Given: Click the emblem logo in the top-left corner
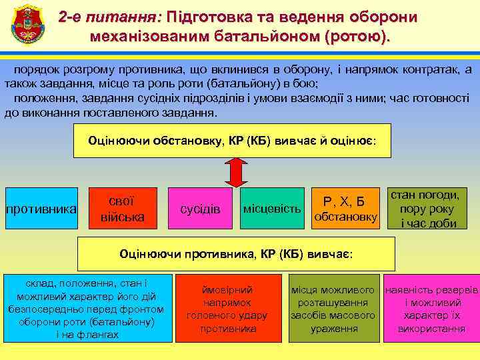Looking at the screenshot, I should (26, 26).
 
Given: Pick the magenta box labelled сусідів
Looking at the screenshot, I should (200, 209).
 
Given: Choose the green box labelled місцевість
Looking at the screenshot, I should (272, 209).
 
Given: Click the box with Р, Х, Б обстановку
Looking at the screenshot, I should (345, 209).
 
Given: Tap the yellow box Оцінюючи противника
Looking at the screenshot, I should (236, 254).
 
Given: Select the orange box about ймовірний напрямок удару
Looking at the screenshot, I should (227, 309).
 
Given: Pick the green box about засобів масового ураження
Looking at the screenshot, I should (333, 309).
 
